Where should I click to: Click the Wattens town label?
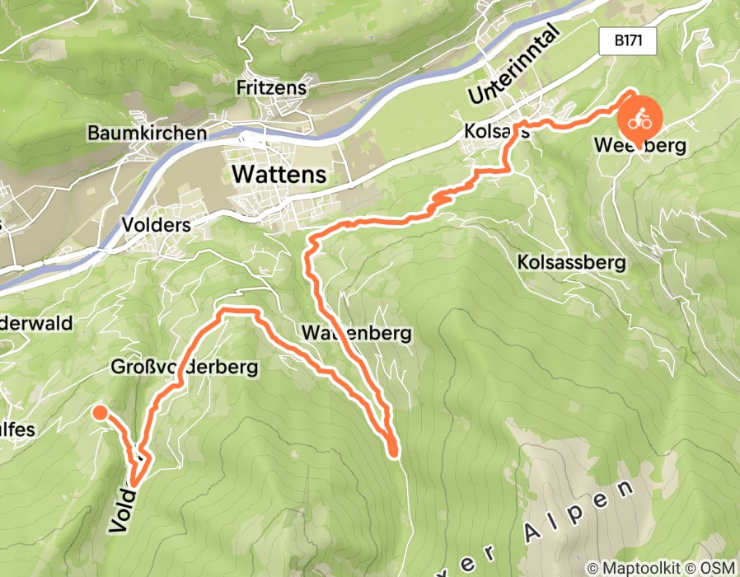(279, 175)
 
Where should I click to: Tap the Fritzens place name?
(270, 87)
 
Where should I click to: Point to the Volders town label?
(156, 225)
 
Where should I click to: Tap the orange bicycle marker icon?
(639, 120)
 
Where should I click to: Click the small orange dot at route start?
(99, 413)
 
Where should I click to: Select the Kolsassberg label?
(571, 262)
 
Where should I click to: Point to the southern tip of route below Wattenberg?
(393, 452)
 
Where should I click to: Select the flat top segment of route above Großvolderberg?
(237, 310)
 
